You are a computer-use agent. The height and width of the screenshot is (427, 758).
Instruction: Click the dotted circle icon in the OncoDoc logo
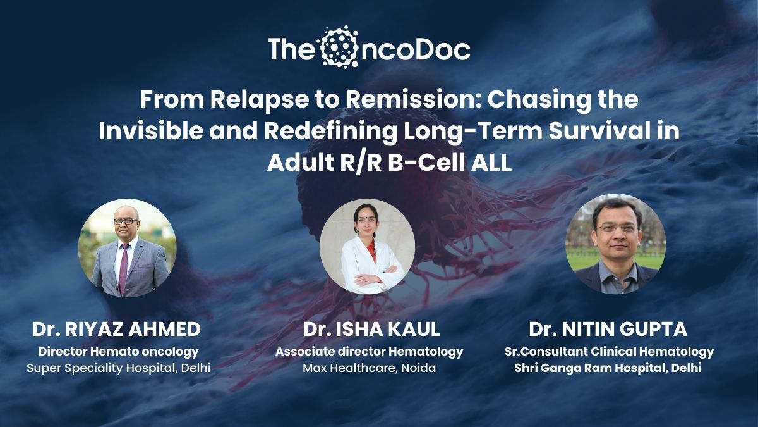pyautogui.click(x=339, y=47)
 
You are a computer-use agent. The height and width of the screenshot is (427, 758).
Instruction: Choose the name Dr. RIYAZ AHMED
pyautogui.click(x=117, y=330)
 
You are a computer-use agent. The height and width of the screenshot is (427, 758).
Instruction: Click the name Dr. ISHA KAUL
pyautogui.click(x=371, y=330)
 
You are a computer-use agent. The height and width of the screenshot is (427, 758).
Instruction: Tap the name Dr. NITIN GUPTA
pyautogui.click(x=608, y=330)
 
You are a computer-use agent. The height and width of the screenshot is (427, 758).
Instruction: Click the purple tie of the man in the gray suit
pyautogui.click(x=123, y=268)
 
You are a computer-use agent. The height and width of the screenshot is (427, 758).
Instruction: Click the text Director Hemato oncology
pyautogui.click(x=119, y=352)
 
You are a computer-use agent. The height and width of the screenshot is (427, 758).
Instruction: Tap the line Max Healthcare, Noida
pyautogui.click(x=369, y=368)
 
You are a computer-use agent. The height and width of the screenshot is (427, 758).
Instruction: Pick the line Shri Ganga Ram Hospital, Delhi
pyautogui.click(x=608, y=368)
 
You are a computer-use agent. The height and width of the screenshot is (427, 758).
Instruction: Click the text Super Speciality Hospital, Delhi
pyautogui.click(x=119, y=368)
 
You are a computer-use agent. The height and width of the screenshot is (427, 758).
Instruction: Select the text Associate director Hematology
pyautogui.click(x=369, y=352)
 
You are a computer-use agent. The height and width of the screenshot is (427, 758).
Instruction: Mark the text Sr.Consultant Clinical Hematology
pyautogui.click(x=609, y=352)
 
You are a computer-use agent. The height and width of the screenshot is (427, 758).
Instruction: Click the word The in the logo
pyautogui.click(x=291, y=49)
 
